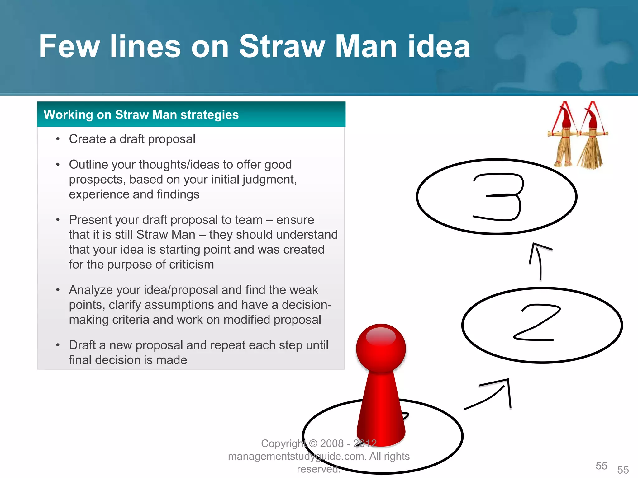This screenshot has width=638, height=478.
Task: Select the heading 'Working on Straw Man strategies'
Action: coord(141,115)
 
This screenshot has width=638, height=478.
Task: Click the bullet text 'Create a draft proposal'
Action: coord(132,139)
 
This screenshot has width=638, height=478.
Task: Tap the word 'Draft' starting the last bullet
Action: coord(82,345)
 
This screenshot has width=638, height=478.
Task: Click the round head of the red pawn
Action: coord(381,347)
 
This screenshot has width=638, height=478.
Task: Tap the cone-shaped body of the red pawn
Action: coord(381,411)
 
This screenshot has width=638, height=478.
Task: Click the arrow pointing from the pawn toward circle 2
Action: coord(492,395)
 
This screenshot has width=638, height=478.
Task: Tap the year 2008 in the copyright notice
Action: coord(331,443)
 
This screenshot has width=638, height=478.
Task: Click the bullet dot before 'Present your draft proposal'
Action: coord(58,220)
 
